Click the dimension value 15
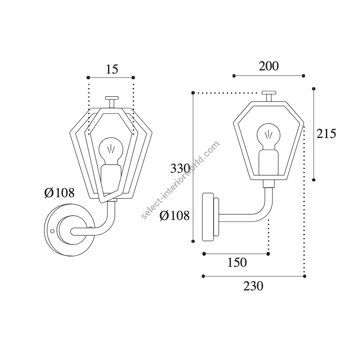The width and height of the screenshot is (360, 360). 112,69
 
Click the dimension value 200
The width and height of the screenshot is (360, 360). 269,66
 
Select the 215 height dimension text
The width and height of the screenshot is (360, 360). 326,134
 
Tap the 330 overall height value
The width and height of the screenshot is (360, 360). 180,169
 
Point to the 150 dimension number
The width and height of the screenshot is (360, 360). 237,262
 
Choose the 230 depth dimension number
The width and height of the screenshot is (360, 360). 253,286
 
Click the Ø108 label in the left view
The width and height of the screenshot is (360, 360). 60,193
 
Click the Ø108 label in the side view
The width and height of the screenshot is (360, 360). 175,216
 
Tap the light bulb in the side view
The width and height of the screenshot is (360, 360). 268,137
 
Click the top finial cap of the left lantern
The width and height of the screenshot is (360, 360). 112,98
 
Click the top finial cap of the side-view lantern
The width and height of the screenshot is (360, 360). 269,92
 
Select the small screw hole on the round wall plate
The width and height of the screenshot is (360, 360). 52,231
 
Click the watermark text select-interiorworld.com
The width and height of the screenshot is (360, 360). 181,180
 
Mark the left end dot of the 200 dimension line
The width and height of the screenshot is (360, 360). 234,76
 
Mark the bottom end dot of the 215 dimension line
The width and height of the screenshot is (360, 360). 314,180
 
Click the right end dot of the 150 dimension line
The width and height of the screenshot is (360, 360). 268,254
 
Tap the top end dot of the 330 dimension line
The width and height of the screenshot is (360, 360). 193,93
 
